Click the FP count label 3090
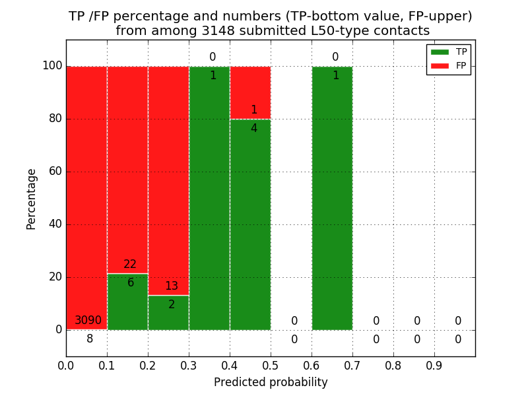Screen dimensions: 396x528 click(88, 321)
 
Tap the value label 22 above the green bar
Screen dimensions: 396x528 click(130, 265)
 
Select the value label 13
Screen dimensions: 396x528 click(172, 286)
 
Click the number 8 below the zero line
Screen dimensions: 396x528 click(90, 339)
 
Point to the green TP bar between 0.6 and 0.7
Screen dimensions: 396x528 click(332, 198)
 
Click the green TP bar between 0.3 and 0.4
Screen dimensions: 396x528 click(209, 198)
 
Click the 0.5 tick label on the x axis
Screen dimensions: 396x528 click(271, 364)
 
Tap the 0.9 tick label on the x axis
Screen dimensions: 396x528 click(434, 364)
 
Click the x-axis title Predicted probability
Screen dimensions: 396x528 click(271, 382)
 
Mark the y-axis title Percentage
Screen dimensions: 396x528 click(31, 199)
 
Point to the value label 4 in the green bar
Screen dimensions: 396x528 click(253, 129)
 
